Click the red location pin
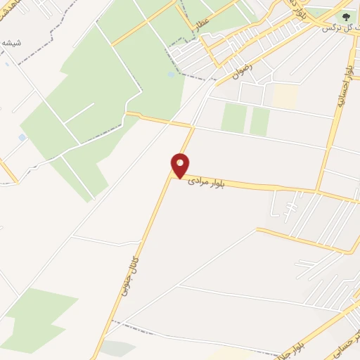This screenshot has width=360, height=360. point(181,166)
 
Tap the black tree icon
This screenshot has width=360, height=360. point(345,16)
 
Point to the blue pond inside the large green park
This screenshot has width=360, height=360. point(172,74)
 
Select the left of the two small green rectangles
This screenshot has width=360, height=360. point(233,117)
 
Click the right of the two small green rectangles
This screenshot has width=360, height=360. point(260,120)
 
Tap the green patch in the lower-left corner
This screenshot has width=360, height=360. point(39,316)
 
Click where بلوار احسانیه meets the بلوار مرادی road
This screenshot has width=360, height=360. point(321,191)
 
